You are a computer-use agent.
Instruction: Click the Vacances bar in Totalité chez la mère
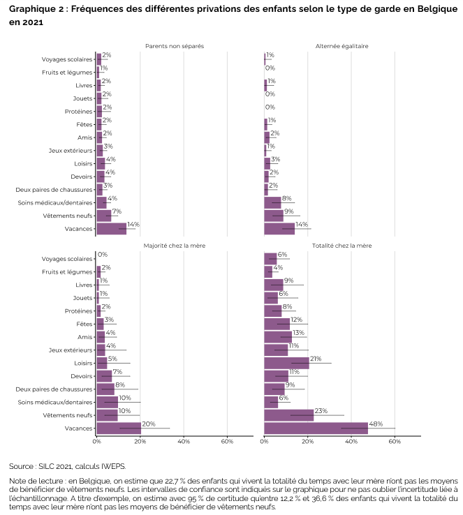click(x=316, y=428)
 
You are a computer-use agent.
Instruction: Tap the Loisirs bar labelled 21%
click(x=286, y=363)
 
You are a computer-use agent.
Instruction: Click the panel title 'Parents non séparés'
click(x=174, y=46)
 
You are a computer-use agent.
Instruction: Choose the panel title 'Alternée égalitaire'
click(x=341, y=46)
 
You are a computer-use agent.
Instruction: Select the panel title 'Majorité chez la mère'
click(x=174, y=246)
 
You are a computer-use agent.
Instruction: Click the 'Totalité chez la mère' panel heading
click(x=341, y=246)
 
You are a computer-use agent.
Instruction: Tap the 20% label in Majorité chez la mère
click(x=149, y=424)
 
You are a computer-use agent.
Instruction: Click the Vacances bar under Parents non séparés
click(x=111, y=228)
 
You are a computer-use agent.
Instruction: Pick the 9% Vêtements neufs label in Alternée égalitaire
click(x=288, y=211)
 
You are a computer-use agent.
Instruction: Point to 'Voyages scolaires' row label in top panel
click(x=67, y=59)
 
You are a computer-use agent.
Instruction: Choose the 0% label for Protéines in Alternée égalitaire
click(x=270, y=107)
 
